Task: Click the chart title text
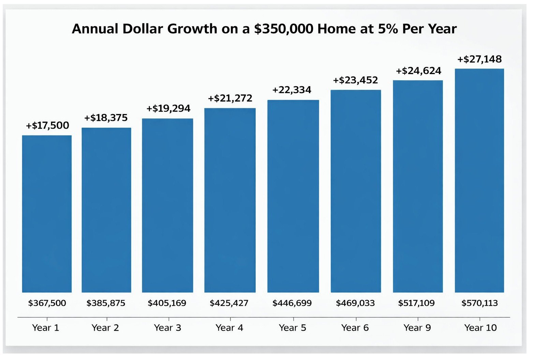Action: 264,29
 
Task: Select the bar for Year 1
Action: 47,214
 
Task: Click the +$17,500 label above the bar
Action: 47,125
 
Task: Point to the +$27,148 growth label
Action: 479,59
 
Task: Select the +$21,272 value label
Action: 230,98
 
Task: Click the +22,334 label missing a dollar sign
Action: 292,90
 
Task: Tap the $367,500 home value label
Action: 47,303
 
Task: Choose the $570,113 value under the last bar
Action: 479,303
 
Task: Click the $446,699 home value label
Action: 292,303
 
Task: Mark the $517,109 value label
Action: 416,303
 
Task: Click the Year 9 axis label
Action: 417,328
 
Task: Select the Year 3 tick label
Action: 167,328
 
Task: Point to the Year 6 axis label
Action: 355,328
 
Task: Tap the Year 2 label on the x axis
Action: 105,328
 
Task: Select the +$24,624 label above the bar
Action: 418,71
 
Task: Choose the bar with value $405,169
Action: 167,205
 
